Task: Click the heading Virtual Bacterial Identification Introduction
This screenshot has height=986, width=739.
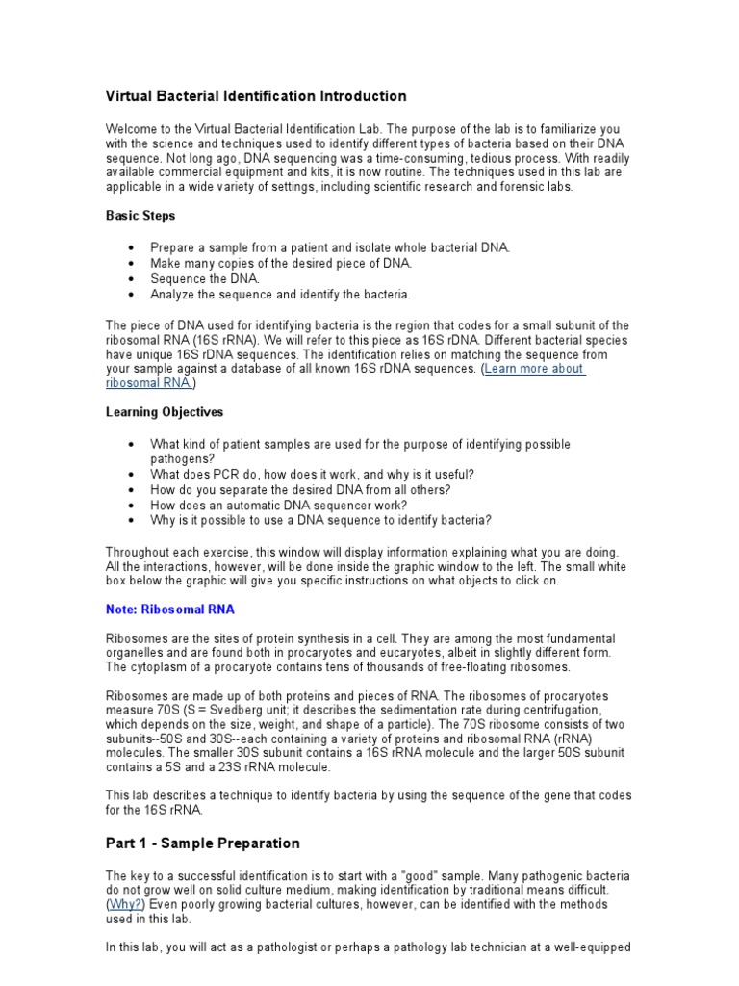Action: coord(255,96)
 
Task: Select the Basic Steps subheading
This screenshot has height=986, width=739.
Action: coord(140,216)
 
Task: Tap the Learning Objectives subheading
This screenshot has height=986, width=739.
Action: coord(164,412)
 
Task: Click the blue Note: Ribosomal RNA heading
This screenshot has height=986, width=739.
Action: coord(169,610)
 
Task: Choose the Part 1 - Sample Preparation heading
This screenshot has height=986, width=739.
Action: coord(202,843)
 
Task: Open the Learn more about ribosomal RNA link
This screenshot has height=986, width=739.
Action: coord(536,369)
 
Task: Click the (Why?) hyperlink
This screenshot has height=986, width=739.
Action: coord(124,906)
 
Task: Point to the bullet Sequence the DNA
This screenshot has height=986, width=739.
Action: coord(205,278)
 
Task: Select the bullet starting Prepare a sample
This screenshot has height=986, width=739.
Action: coord(330,247)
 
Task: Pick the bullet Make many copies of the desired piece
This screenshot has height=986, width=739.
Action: coord(281,263)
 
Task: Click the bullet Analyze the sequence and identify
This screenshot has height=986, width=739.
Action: coord(280,294)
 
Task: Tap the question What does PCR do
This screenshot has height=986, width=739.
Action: coord(312,475)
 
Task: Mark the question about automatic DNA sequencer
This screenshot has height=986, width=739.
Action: coord(278,506)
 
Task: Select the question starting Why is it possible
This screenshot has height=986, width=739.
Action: coord(320,521)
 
